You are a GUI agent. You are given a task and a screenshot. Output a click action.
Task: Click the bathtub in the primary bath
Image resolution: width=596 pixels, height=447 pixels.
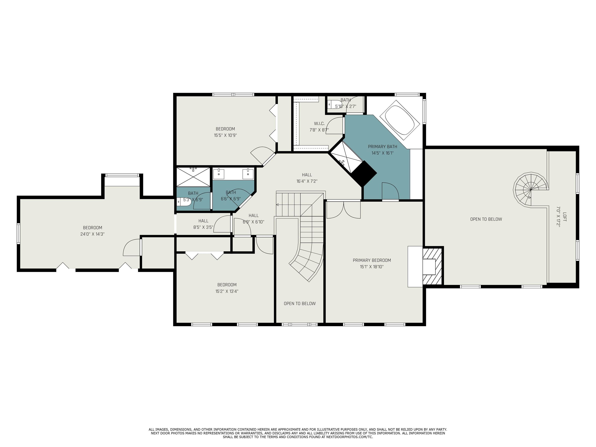(400, 120)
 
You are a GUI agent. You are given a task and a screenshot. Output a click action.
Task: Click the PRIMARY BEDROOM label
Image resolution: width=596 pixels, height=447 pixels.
(372, 260)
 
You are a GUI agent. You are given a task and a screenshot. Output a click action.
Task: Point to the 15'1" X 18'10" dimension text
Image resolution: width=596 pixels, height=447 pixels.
(372, 267)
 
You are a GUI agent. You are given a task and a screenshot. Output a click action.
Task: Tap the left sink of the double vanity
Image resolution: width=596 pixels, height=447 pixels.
(219, 174)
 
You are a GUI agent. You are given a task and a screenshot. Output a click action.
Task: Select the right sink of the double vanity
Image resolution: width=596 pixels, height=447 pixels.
(248, 174)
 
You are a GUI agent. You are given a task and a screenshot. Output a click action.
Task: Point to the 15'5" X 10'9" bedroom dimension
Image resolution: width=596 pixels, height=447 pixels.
(225, 135)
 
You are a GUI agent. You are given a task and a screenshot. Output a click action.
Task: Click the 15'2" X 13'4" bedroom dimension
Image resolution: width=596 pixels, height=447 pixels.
(227, 291)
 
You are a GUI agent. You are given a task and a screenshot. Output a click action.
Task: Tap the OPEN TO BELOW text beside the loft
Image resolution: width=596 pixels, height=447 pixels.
(486, 219)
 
